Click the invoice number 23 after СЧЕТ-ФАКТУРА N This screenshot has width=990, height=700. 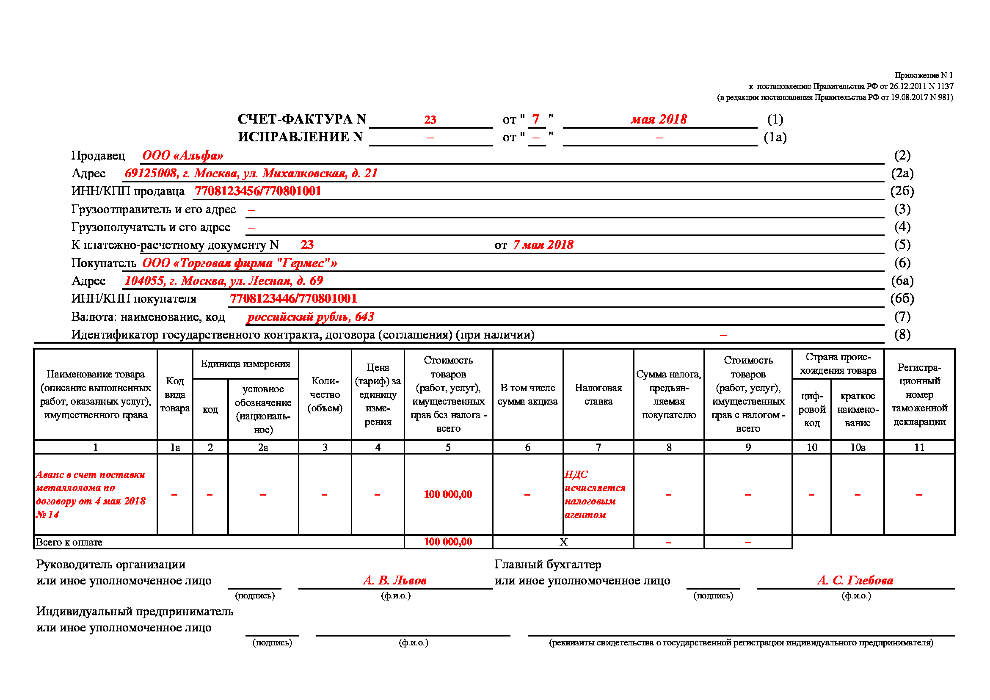tap(430, 120)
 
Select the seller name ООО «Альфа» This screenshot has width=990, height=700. tap(183, 156)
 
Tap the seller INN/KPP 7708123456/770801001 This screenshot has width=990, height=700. tap(258, 191)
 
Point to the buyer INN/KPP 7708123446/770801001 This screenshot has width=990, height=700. tap(293, 298)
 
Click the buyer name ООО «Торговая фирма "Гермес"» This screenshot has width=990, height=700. tap(240, 263)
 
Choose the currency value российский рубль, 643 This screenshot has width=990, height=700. tap(310, 317)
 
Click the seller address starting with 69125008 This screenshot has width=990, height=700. tap(251, 173)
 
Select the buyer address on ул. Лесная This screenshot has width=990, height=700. tap(223, 281)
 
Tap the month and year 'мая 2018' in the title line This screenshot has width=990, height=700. tap(659, 119)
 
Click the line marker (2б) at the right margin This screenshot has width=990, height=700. tap(902, 191)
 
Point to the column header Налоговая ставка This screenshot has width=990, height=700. tap(598, 394)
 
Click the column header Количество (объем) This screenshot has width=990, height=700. tap(325, 394)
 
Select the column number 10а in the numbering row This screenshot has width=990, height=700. tap(857, 447)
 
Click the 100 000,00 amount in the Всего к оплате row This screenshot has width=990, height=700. tap(448, 542)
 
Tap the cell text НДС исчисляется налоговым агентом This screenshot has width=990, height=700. tap(595, 494)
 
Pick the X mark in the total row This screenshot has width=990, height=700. tap(563, 542)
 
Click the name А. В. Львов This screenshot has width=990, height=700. tap(394, 581)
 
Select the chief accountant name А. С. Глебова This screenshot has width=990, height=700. tap(855, 581)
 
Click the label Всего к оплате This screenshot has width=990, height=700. tap(69, 542)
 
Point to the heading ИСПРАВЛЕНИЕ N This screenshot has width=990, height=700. tap(300, 137)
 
